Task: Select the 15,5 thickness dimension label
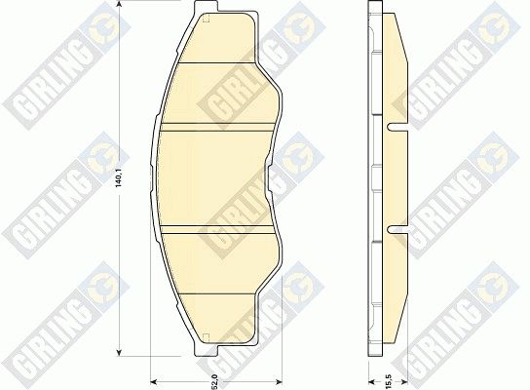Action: pos(388,381)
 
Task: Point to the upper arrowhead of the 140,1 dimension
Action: pos(118,3)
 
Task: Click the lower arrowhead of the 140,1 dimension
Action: pos(118,353)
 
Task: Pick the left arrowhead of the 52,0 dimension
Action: pos(153,382)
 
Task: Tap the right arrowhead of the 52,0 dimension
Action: pos(279,382)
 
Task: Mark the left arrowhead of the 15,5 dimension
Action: pos(371,382)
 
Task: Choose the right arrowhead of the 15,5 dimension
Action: pos(404,382)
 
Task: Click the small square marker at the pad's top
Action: pos(206,19)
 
